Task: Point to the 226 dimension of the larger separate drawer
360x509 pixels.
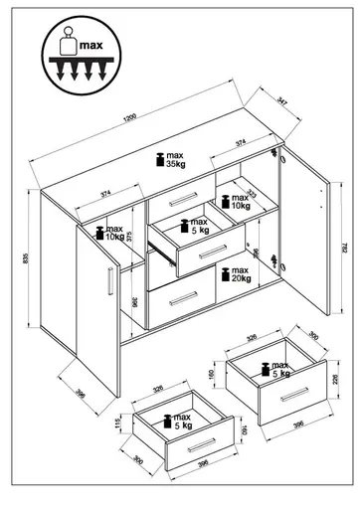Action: pos(336,378)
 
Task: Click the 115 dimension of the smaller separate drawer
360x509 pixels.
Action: pos(117,425)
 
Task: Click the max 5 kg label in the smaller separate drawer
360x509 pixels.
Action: pos(180,423)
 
